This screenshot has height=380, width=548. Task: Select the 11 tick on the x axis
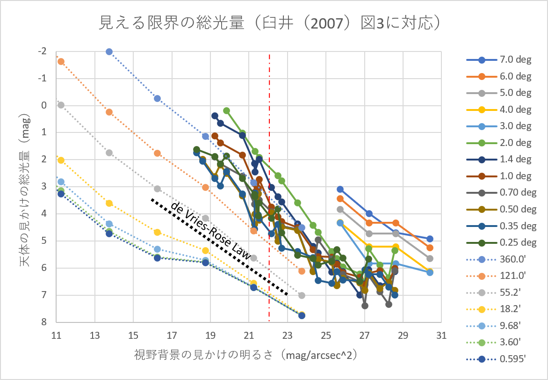(x=57, y=335)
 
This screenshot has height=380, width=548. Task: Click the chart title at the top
(x=270, y=22)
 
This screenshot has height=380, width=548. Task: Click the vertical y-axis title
(x=25, y=187)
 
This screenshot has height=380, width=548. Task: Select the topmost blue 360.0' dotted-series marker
(x=109, y=51)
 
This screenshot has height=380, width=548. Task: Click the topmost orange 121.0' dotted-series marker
(x=61, y=61)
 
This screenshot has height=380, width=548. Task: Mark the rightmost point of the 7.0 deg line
(x=430, y=239)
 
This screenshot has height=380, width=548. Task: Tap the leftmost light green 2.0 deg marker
(x=227, y=110)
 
